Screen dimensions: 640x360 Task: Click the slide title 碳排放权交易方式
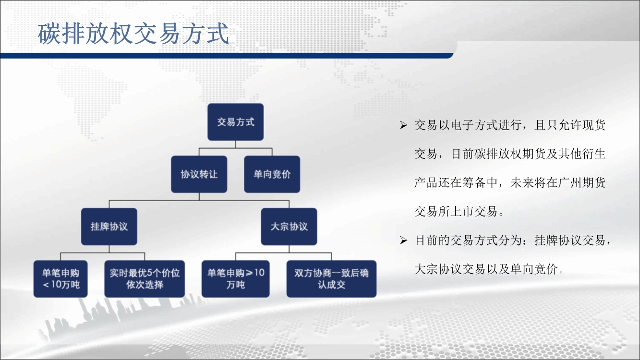133,34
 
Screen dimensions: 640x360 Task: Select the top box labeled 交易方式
235,122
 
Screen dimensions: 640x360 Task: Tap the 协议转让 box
199,174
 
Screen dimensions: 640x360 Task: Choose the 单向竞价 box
272,174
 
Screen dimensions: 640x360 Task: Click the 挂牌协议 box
109,227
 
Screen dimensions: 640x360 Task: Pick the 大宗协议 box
289,227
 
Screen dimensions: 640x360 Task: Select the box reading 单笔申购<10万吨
60,279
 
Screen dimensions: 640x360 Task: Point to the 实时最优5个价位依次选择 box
145,279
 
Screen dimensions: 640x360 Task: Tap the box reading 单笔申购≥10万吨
235,279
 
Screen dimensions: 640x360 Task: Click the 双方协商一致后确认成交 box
331,279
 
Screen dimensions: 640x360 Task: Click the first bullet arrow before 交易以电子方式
403,125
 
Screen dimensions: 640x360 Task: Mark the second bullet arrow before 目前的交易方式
403,240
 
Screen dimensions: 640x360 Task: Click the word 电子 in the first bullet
462,125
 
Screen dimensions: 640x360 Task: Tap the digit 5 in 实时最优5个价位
151,273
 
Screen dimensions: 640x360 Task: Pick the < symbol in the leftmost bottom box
46,285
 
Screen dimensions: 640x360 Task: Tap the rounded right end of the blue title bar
451,55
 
